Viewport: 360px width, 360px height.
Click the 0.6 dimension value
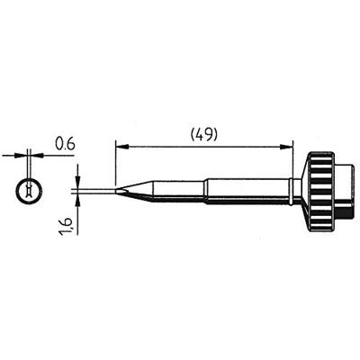(66, 141)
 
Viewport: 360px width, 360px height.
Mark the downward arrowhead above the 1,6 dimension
(78, 180)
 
